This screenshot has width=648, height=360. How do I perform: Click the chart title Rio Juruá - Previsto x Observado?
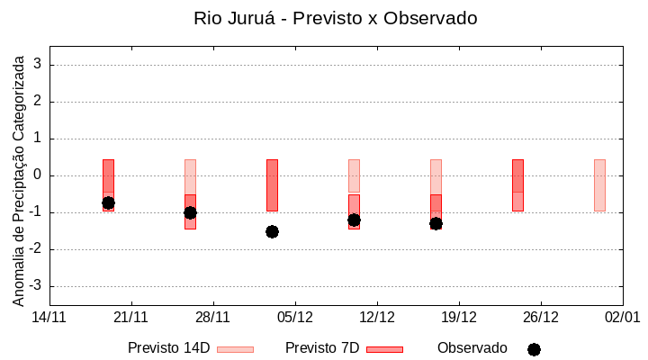click(x=335, y=18)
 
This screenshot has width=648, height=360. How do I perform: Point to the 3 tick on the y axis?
click(x=39, y=65)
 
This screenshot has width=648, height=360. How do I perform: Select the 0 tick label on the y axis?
click(x=39, y=175)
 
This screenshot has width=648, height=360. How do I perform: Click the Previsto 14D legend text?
click(x=169, y=348)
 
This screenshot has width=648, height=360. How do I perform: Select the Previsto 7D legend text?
click(x=322, y=348)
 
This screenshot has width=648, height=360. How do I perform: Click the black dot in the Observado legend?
click(x=534, y=349)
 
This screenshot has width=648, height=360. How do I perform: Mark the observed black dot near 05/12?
click(x=272, y=231)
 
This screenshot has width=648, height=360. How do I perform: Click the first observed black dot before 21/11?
click(x=108, y=202)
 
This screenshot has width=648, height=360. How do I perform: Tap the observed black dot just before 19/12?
click(x=436, y=223)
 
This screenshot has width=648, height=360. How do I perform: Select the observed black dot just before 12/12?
click(x=354, y=220)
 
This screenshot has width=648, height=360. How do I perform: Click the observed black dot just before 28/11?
click(x=190, y=212)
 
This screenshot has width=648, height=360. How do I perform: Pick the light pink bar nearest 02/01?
click(x=599, y=184)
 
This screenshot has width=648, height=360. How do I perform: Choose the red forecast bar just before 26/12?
click(x=517, y=184)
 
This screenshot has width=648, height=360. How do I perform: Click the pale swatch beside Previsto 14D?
click(x=236, y=349)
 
